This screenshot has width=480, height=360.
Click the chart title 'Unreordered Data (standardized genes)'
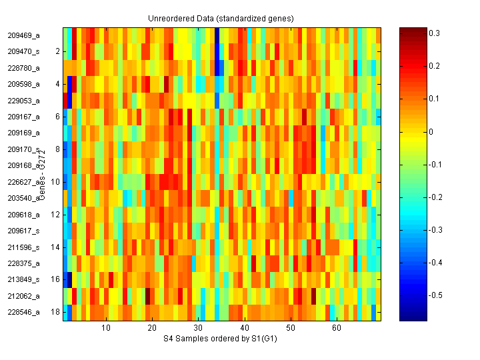221,18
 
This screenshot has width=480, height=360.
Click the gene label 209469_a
23,35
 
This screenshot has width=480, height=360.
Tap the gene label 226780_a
23,68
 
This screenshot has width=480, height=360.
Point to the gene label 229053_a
23,101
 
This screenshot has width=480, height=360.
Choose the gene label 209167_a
23,117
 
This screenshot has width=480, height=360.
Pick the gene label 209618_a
23,215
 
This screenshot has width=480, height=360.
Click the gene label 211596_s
23,247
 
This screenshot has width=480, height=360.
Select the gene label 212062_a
23,296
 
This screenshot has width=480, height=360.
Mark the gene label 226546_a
23,312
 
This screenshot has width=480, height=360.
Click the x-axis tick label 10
105,328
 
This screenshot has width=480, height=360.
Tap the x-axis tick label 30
198,328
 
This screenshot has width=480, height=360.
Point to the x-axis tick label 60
337,328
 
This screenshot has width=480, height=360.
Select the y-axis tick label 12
55,215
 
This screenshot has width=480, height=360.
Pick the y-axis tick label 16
55,279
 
